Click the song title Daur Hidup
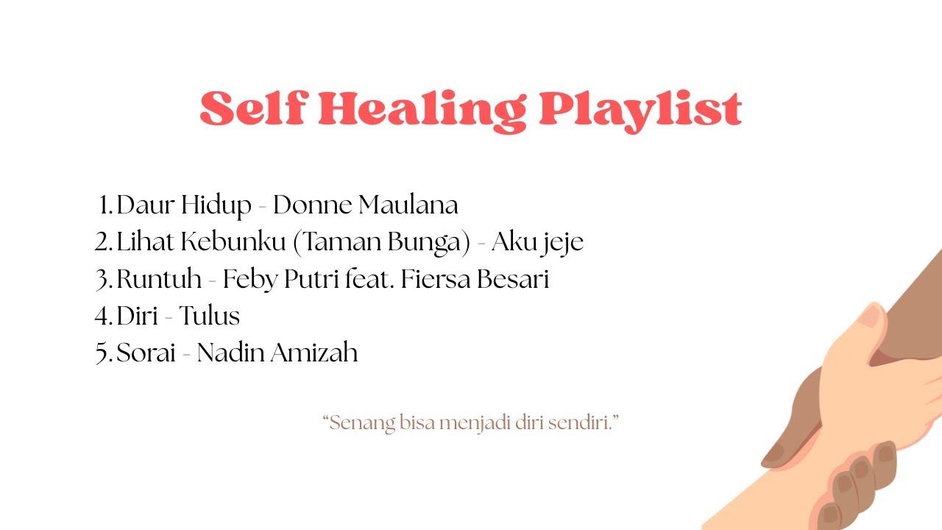pos(184,205)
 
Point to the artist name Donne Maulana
pos(365,205)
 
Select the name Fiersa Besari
pos(475,279)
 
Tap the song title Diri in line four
pos(136,316)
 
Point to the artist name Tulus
pos(210,316)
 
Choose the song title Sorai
pos(146,353)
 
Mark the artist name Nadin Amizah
pos(277,353)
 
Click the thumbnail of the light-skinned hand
pos(871,317)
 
